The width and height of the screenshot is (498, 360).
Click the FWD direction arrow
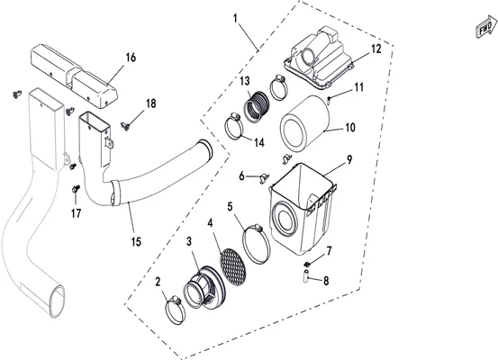(486, 26)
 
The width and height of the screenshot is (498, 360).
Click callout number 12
(376, 49)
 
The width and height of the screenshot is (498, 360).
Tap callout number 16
(131, 58)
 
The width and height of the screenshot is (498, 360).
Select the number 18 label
(151, 103)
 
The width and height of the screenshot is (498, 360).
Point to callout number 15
(136, 241)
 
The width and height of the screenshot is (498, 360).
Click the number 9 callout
(349, 159)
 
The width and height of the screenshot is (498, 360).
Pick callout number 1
(235, 18)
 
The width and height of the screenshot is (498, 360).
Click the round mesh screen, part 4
(232, 266)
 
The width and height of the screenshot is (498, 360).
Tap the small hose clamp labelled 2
(175, 310)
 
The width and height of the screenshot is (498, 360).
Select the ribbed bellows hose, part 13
(256, 106)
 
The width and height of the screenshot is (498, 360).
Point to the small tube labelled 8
(306, 276)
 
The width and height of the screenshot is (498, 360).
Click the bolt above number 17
(76, 189)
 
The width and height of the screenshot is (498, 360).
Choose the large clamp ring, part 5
(256, 244)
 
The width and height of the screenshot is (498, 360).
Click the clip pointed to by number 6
(264, 178)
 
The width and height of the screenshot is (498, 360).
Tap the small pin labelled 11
(329, 100)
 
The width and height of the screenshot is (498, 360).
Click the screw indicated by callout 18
(125, 126)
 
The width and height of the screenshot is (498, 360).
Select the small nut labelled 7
(307, 264)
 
